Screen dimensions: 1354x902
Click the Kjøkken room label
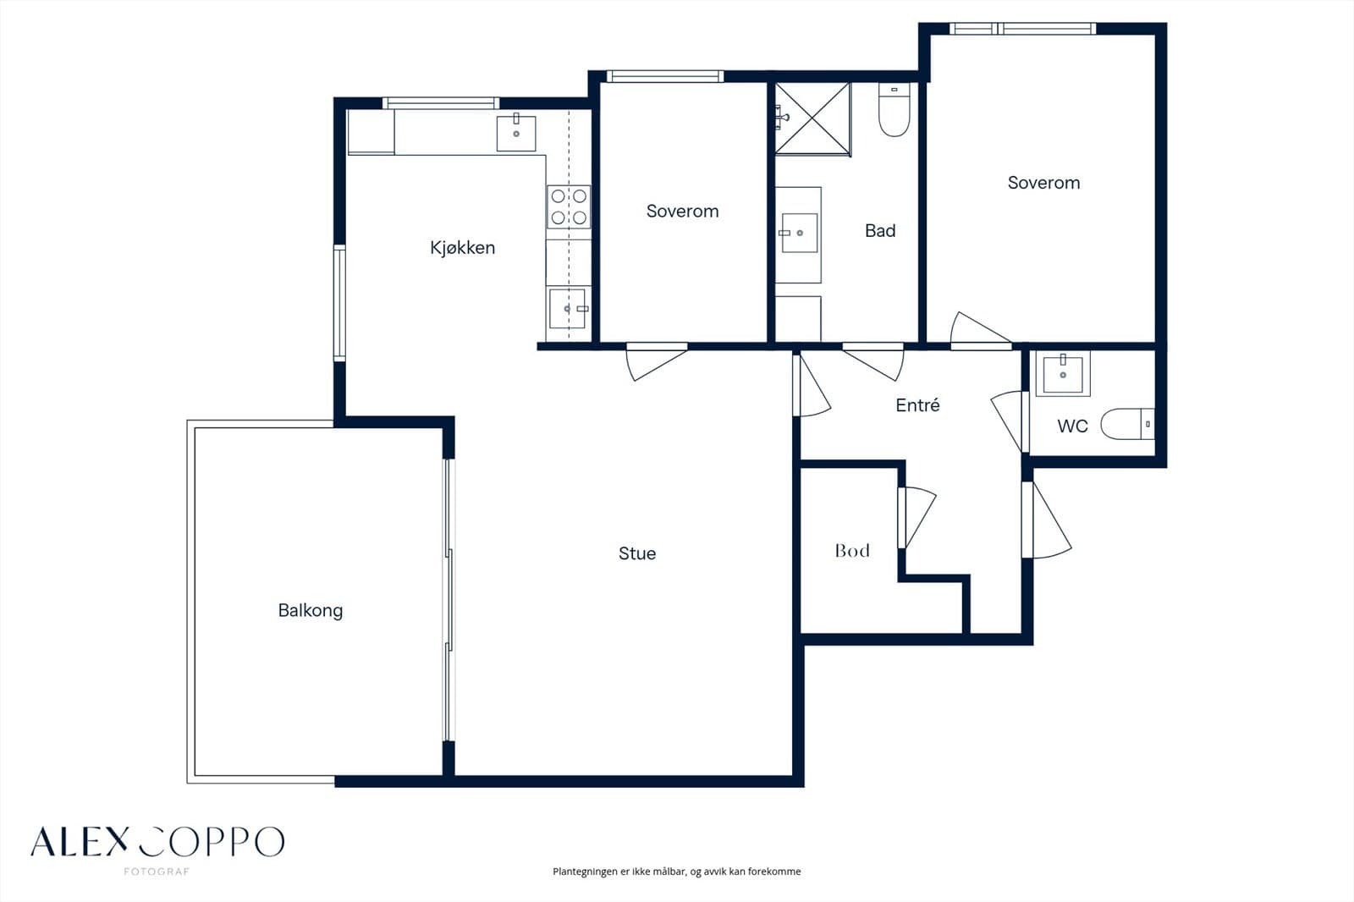462,248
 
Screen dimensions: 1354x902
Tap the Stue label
637,553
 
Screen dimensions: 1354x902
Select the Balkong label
310,611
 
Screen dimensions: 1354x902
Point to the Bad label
880,230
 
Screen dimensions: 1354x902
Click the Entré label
917,405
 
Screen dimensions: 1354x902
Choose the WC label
1072,426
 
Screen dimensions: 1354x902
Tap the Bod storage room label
852,550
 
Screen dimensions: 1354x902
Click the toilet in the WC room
1127,424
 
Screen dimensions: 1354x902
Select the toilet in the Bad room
894,109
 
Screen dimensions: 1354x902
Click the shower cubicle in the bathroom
813,119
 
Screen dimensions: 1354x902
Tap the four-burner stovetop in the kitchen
569,206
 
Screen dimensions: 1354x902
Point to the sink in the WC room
1063,374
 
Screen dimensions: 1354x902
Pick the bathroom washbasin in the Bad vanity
799,233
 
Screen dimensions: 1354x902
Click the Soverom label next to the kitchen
682,211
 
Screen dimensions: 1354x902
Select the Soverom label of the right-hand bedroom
1044,183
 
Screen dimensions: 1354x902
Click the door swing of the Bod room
917,518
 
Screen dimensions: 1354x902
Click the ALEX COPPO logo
157,842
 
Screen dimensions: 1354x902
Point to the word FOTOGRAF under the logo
157,872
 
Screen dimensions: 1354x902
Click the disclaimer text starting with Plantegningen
676,872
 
